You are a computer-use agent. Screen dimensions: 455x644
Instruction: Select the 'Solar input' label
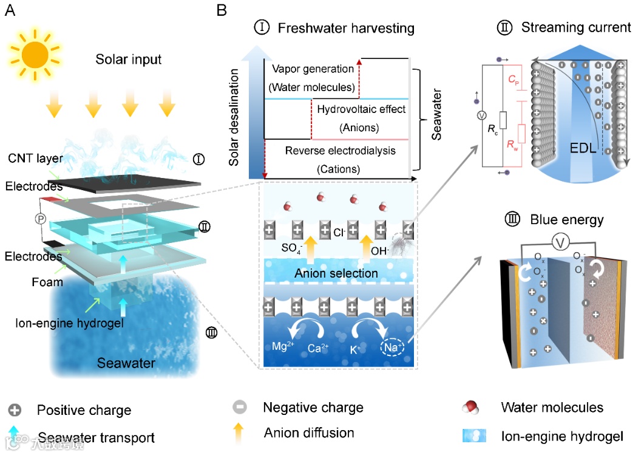coord(129,60)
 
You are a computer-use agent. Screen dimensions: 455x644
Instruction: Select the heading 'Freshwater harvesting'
coord(346,28)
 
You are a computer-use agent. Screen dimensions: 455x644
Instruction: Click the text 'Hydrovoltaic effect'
coord(361,109)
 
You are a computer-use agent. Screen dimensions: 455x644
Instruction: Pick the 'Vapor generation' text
coord(313,69)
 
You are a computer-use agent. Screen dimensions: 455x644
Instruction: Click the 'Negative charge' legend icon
coord(240,408)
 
